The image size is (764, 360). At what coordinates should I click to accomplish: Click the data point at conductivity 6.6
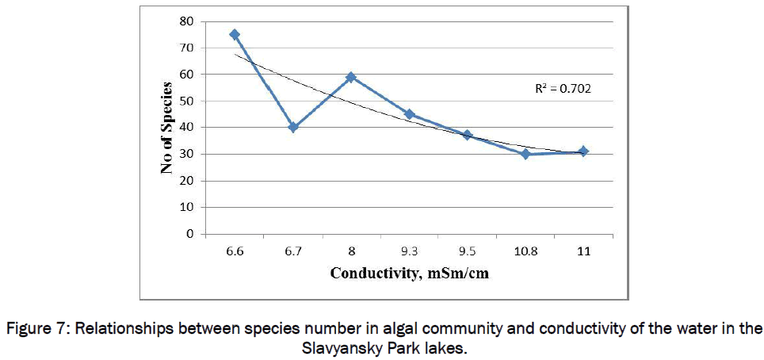235,34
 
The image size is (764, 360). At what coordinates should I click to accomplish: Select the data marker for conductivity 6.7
293,127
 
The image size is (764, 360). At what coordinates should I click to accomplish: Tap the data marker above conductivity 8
351,77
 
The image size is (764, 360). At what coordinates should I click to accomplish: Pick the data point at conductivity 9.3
409,114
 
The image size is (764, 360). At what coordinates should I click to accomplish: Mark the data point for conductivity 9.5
468,135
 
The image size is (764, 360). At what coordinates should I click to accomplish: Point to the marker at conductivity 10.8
525,154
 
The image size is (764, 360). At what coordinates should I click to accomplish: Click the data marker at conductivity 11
583,151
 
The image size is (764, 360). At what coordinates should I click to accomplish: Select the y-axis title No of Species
166,128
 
